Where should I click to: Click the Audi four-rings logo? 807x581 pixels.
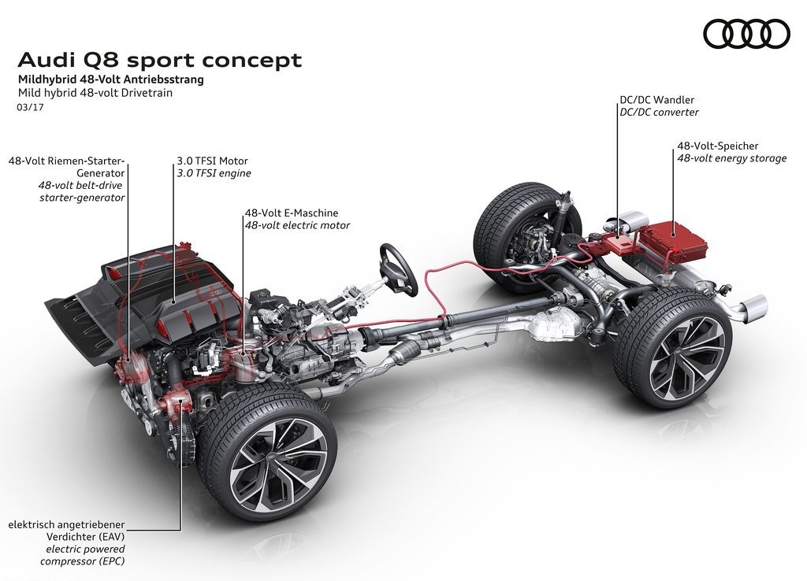pos(746,34)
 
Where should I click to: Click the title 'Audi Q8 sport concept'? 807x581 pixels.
pos(159,60)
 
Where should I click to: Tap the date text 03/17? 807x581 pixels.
pos(31,107)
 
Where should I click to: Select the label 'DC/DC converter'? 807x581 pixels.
pos(659,112)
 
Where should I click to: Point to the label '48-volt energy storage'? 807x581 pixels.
pos(731,158)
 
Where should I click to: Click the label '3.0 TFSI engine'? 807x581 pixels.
pos(214,173)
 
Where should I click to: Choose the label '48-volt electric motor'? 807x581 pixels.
pos(297,225)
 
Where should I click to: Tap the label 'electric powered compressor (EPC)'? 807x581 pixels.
pos(83,555)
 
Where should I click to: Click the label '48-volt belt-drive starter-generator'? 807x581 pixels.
pos(82,191)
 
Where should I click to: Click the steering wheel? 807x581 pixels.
pos(398,269)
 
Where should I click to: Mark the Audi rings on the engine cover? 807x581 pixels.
pos(215,292)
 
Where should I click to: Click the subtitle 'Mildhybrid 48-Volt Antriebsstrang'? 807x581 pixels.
pos(110,80)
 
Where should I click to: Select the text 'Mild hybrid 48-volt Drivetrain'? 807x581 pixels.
pos(95,93)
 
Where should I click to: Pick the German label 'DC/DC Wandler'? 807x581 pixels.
pos(656,100)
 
